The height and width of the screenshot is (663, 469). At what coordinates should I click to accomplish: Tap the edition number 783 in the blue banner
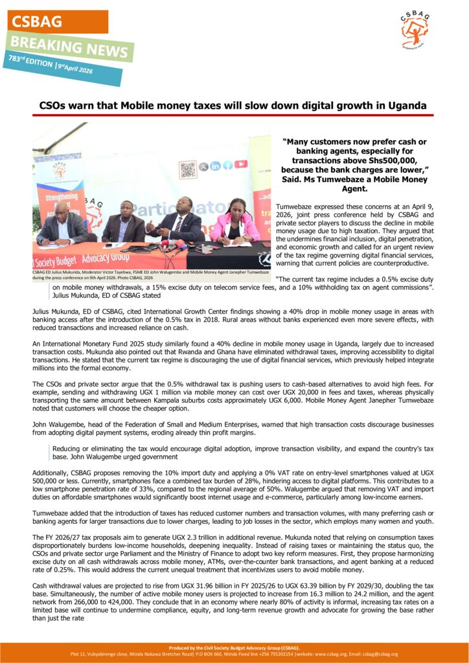tap(17, 59)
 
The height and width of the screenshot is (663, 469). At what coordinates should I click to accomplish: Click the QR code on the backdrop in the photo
tap(187, 170)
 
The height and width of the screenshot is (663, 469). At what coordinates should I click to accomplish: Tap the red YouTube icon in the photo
tap(241, 164)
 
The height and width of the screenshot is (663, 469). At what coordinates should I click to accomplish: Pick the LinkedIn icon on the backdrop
tap(215, 166)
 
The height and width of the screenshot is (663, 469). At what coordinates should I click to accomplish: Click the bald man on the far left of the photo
tap(62, 223)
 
